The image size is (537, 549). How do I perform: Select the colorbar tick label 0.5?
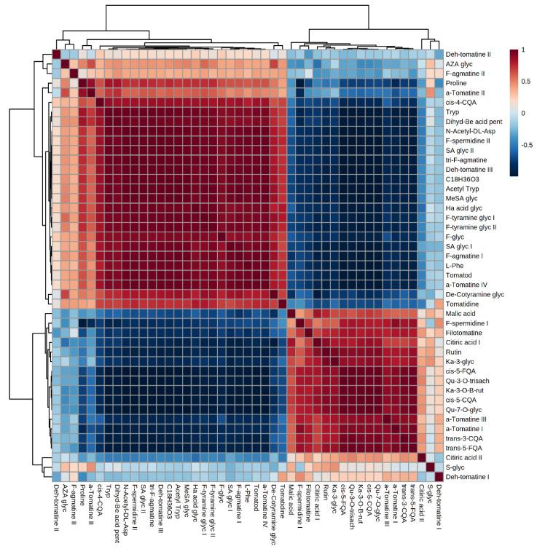[515, 81]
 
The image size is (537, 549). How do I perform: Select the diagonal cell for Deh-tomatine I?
[439, 475]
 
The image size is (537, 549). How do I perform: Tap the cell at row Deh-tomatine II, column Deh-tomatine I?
[439, 54]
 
